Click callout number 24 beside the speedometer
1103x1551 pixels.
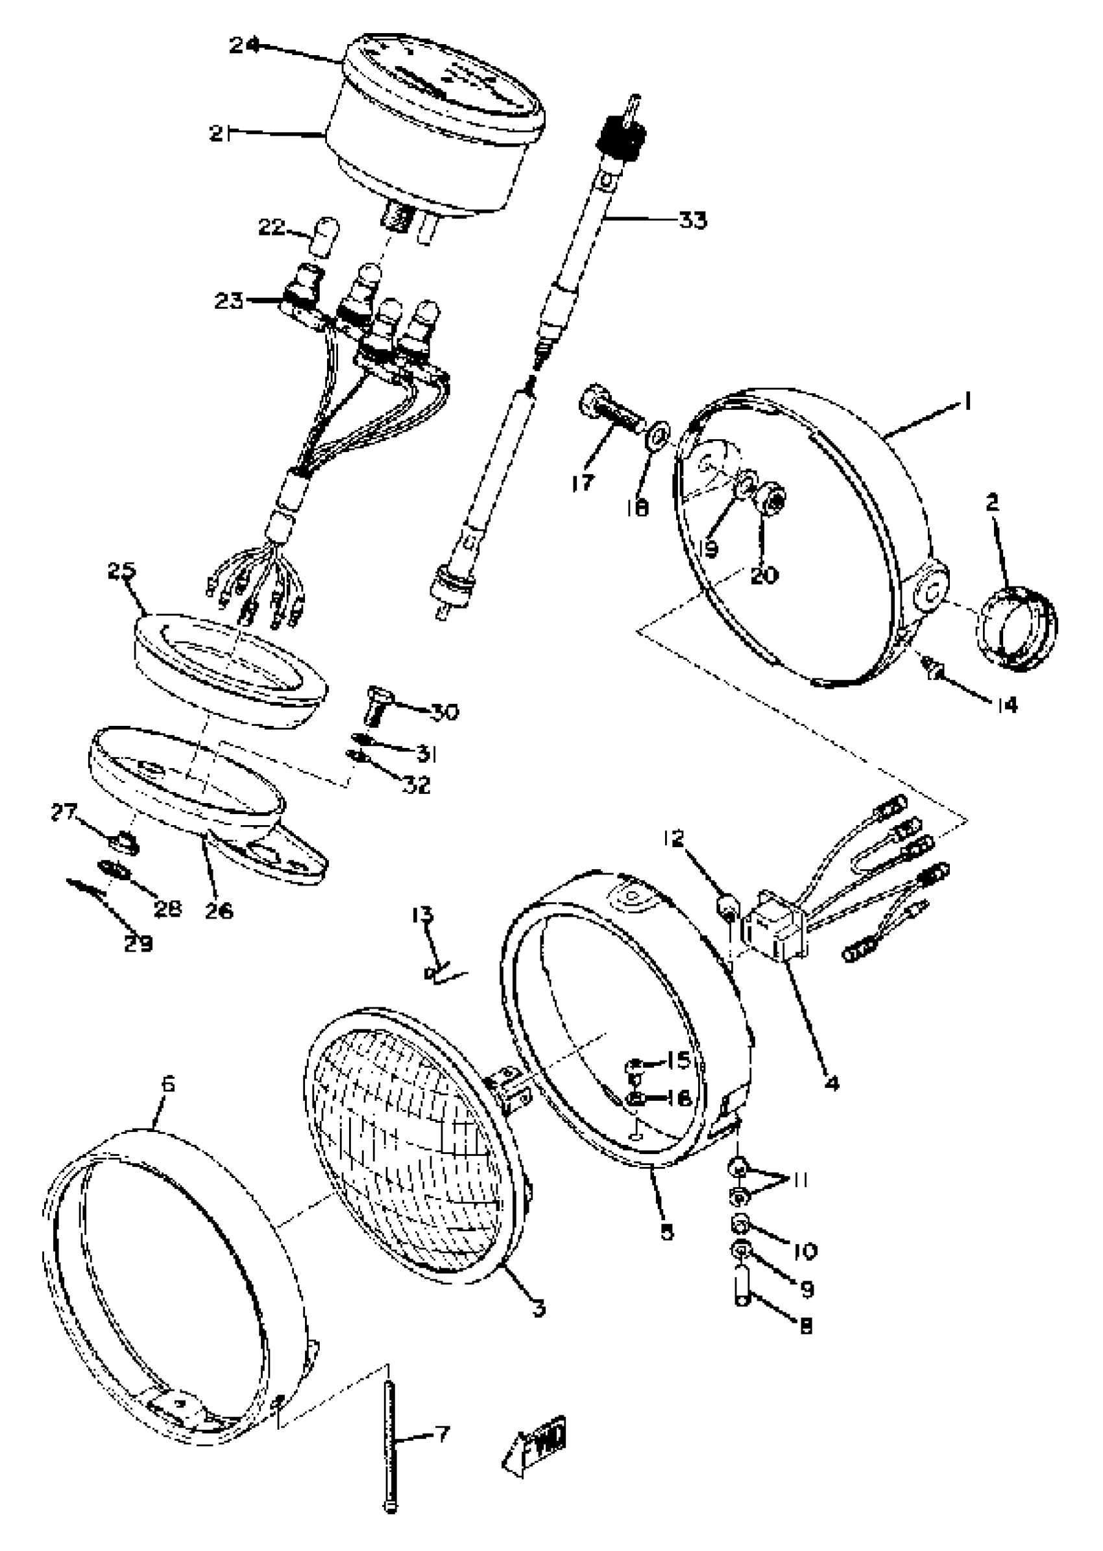point(244,45)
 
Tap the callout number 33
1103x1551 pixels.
point(692,220)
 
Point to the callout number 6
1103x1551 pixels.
point(168,1084)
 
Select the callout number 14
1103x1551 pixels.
point(1008,706)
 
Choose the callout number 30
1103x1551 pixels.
point(444,712)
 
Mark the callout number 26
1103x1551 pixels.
point(219,910)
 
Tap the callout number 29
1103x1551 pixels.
point(138,943)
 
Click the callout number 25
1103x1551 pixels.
point(121,571)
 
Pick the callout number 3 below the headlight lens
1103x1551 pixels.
point(538,1308)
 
